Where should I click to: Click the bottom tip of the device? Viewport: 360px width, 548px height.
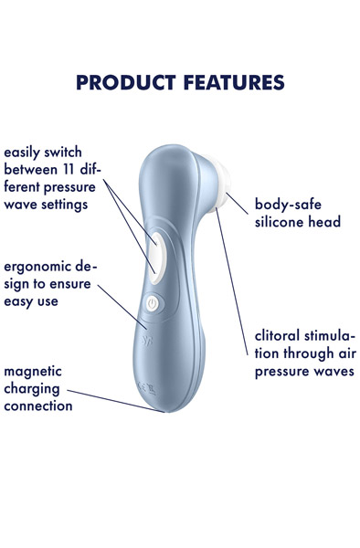tap(169, 410)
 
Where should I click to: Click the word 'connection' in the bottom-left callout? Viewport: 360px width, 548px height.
tap(38, 406)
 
